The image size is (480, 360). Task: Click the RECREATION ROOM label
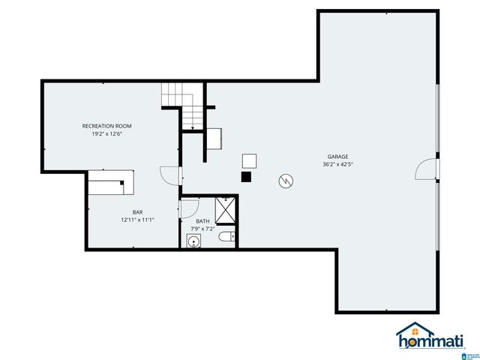point(106,126)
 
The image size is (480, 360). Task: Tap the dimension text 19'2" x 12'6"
point(106,134)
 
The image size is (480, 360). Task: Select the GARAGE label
point(337,156)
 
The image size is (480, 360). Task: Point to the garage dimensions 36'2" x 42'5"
point(337,164)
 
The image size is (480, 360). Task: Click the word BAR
point(137,212)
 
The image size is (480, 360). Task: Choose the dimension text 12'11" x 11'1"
point(137,220)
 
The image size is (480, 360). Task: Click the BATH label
point(202,221)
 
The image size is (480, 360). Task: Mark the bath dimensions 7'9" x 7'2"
point(202,229)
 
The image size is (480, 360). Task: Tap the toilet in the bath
point(227,238)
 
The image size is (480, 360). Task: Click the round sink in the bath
point(193,241)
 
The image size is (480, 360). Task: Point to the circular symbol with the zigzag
point(286,181)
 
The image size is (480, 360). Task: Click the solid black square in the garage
point(246,177)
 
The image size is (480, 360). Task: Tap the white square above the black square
point(249,160)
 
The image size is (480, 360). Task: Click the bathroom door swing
point(187,208)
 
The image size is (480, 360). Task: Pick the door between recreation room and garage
point(171,176)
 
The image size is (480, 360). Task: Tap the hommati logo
point(431,337)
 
